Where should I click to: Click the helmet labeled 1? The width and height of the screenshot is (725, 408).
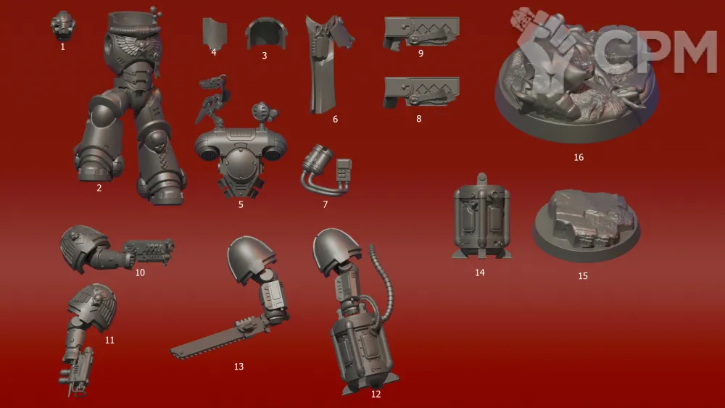(63, 25)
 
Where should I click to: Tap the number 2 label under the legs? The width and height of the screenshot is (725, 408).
(99, 188)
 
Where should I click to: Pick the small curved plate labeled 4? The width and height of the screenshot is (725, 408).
(215, 33)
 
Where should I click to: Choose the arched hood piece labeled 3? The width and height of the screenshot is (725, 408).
(265, 33)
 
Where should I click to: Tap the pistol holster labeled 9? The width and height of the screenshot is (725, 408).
(420, 33)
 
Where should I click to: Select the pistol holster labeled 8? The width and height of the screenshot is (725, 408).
(420, 92)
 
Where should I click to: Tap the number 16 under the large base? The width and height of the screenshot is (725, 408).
(579, 157)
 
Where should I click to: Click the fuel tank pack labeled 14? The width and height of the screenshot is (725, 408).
(481, 216)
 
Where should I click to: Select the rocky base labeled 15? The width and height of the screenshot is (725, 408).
(586, 225)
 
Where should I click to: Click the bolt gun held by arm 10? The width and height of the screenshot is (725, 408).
(149, 251)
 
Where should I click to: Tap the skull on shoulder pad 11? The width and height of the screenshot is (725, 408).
(96, 300)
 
